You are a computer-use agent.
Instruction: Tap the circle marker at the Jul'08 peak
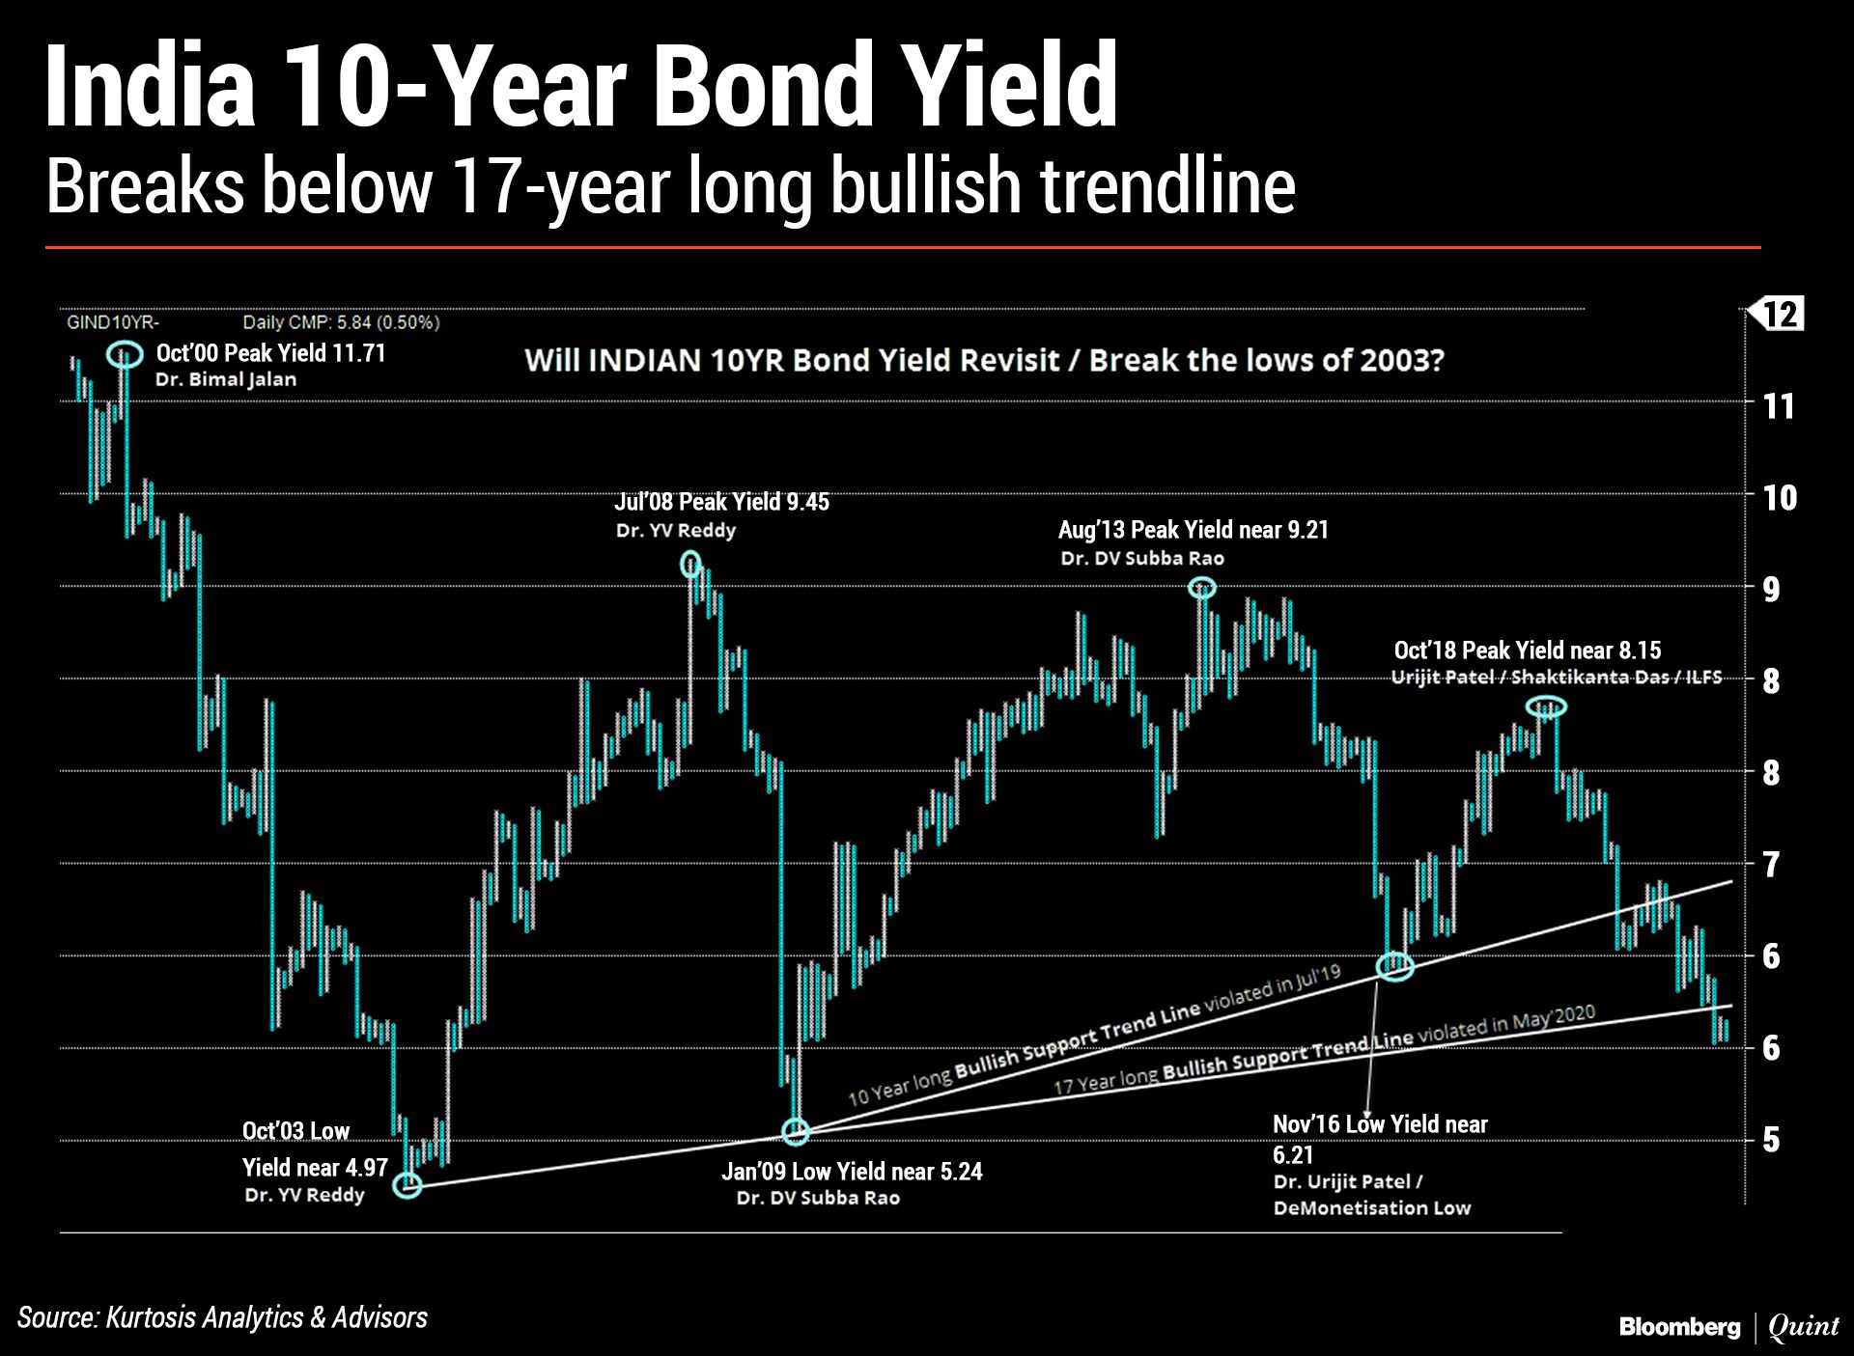pyautogui.click(x=682, y=565)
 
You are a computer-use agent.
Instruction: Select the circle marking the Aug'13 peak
pyautogui.click(x=1190, y=587)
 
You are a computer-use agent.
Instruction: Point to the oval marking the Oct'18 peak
pyautogui.click(x=1528, y=706)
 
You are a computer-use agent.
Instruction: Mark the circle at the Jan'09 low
pyautogui.click(x=782, y=1131)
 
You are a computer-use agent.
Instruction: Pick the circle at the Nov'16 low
pyautogui.click(x=1378, y=965)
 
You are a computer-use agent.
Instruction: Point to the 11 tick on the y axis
pyautogui.click(x=1779, y=406)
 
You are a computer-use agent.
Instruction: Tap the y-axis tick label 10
pyautogui.click(x=1780, y=498)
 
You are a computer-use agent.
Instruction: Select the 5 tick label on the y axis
pyautogui.click(x=1771, y=1140)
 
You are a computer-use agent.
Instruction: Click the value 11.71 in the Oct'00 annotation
pyautogui.click(x=358, y=353)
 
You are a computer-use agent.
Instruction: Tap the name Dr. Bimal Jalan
pyautogui.click(x=226, y=379)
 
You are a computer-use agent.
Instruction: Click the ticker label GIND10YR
pyautogui.click(x=112, y=322)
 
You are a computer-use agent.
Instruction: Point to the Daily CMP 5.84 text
pyautogui.click(x=341, y=322)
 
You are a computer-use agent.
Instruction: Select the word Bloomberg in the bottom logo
pyautogui.click(x=1679, y=1327)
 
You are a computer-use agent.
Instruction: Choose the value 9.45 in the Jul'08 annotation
pyautogui.click(x=807, y=502)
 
